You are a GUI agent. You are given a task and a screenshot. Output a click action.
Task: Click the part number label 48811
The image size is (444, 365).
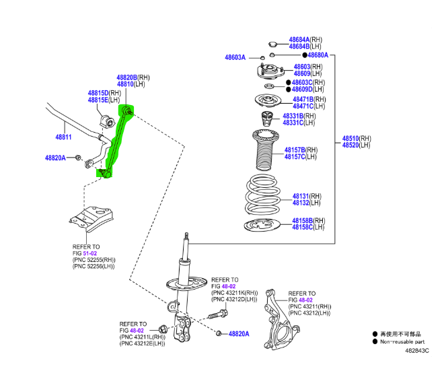63,137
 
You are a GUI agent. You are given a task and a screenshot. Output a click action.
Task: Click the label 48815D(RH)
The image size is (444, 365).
104,92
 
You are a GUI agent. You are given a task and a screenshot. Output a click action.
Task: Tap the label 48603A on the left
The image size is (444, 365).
235,58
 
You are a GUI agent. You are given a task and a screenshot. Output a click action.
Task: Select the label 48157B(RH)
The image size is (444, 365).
304,150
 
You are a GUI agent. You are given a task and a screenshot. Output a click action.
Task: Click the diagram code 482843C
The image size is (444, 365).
416,350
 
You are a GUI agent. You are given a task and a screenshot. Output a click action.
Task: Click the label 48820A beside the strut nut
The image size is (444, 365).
238,333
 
